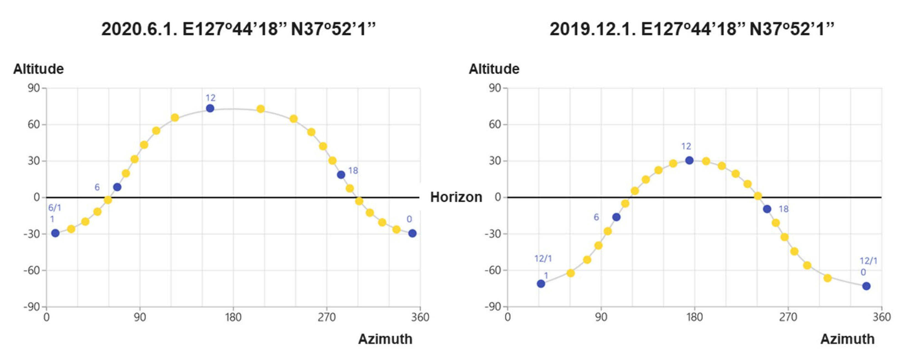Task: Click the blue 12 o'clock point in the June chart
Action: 210,108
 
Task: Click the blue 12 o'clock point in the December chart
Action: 689,160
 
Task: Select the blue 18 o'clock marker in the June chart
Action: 341,175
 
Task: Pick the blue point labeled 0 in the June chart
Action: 412,233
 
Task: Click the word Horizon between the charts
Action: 456,197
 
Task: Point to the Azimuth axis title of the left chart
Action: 385,339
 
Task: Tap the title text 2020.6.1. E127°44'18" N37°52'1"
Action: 238,29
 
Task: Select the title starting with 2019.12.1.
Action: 692,29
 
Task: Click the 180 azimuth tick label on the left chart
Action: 233,317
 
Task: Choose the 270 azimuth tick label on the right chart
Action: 788,317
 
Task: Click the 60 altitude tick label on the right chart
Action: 494,125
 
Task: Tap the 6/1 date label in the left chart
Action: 54,208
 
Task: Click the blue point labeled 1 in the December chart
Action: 541,284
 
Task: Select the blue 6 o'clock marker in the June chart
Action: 117,187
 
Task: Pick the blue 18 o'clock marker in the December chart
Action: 767,209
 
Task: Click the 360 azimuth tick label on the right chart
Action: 882,317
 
